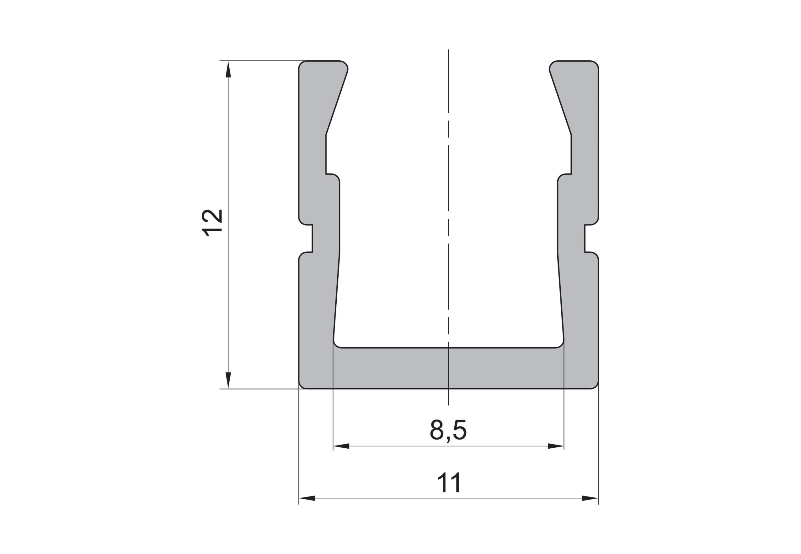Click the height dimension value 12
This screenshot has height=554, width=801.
[x=212, y=223]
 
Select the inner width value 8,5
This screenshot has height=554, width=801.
[x=448, y=431]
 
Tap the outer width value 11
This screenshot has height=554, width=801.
[x=449, y=482]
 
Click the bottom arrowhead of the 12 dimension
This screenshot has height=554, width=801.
[x=228, y=380]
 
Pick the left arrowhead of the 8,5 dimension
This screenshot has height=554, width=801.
[x=341, y=446]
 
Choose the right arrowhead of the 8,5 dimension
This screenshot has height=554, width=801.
[x=556, y=446]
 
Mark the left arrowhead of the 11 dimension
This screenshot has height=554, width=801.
[x=307, y=498]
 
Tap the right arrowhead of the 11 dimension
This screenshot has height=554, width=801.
[x=590, y=498]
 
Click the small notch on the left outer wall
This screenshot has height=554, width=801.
[x=306, y=239]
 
